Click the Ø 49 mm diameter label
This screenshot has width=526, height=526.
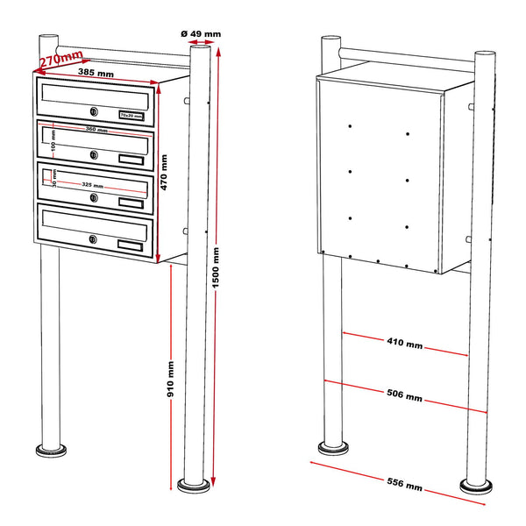tap(201, 33)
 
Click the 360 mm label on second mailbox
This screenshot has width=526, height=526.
tap(96, 131)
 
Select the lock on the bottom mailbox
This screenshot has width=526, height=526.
tap(93, 239)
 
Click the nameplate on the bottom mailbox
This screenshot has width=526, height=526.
tap(130, 245)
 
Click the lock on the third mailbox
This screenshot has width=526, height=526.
tap(93, 197)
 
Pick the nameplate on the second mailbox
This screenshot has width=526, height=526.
tap(130, 159)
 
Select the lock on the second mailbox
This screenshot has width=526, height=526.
tap(93, 154)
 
